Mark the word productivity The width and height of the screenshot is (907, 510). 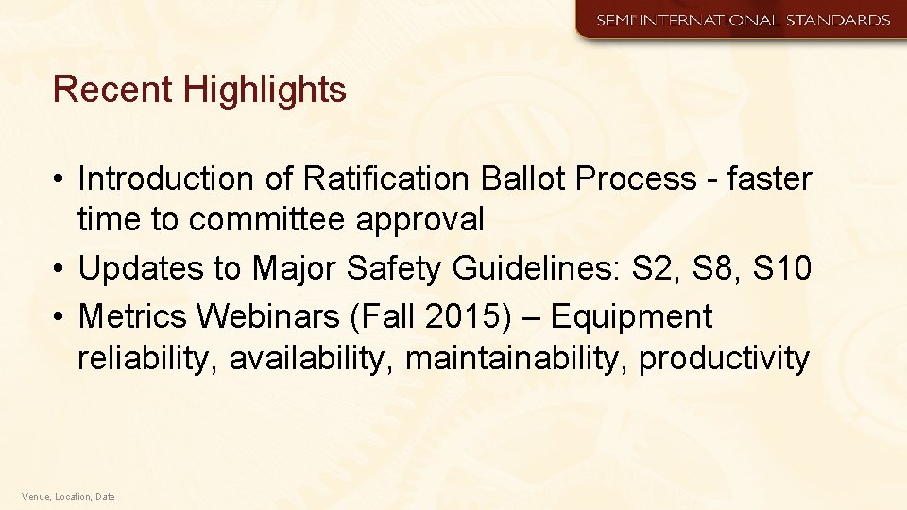(x=725, y=360)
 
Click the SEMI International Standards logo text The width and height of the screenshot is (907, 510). (x=743, y=20)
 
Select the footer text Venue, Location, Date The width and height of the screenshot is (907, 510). (x=68, y=496)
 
